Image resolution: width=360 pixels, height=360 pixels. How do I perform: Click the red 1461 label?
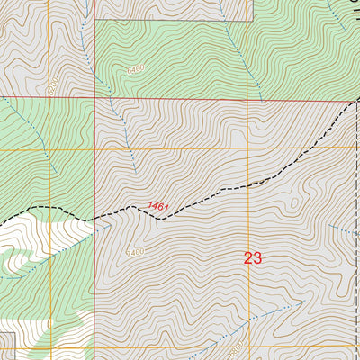click(x=158, y=207)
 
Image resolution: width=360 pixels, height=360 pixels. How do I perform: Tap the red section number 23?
click(x=253, y=258)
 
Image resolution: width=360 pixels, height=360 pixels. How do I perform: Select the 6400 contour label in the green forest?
click(x=135, y=68)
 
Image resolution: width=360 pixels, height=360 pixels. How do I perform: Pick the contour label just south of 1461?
click(x=135, y=251)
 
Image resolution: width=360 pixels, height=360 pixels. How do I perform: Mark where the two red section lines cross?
click(x=95, y=97)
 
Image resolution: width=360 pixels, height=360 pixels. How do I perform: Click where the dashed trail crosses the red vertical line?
click(x=95, y=216)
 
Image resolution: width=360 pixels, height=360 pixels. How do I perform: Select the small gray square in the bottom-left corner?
click(x=6, y=344)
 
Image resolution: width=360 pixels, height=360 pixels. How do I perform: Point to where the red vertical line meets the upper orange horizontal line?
click(x=95, y=148)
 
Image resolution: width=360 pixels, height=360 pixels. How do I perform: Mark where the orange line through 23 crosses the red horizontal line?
click(x=249, y=97)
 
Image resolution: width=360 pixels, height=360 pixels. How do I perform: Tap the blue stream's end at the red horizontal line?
click(x=260, y=96)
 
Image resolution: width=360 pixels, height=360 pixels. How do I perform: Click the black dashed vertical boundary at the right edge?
click(x=357, y=225)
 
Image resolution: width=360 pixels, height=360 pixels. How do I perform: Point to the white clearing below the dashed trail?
click(x=36, y=238)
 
